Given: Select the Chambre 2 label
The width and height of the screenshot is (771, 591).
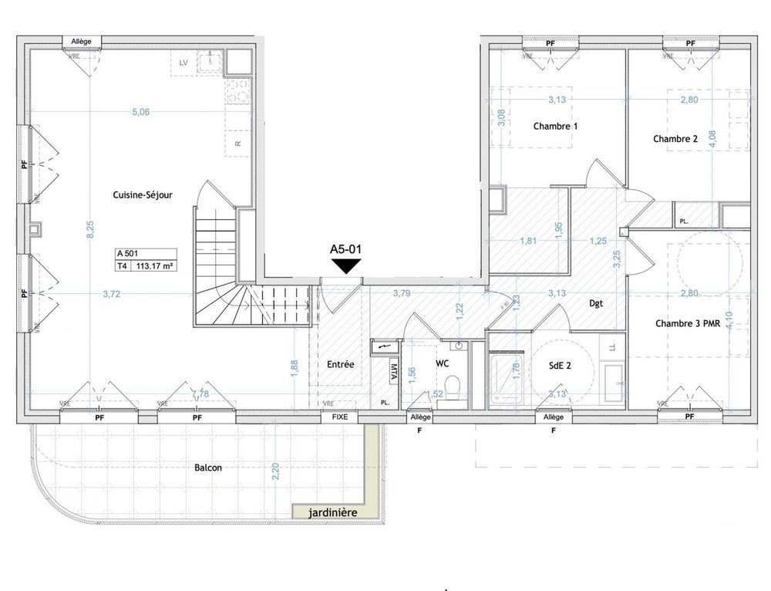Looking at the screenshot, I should click(x=675, y=139).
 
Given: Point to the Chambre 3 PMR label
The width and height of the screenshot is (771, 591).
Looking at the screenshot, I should click(x=688, y=324).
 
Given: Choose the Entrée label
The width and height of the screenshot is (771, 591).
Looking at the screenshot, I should click(x=340, y=364).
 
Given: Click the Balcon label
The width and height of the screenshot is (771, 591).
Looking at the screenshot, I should click(x=210, y=468).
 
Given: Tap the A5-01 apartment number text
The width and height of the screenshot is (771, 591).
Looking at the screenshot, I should click(x=345, y=249).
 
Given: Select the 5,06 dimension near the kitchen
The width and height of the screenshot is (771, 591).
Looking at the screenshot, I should click(x=140, y=112).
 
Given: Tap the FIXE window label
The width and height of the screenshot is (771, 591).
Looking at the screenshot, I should click(x=339, y=417).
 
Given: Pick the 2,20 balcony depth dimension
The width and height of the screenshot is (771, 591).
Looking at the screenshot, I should click(x=277, y=470).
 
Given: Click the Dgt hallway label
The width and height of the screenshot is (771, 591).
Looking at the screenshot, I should click(x=596, y=304).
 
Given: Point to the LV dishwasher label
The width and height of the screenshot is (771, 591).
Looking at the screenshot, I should click(x=183, y=62).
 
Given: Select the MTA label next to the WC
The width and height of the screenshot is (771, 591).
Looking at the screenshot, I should click(x=393, y=373).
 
